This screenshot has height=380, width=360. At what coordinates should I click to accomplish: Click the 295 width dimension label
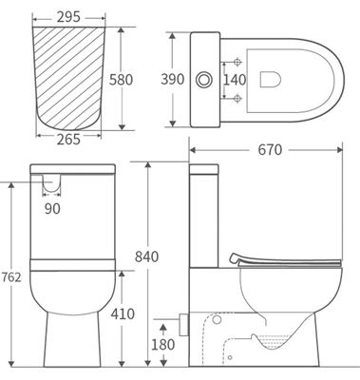[69, 17]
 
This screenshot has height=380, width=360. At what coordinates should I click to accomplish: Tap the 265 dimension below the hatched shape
[68, 140]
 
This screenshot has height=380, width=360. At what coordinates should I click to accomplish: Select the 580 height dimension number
[121, 80]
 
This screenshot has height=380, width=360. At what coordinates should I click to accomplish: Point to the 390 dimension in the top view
[173, 79]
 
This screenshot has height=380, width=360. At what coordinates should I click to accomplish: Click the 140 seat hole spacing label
[235, 80]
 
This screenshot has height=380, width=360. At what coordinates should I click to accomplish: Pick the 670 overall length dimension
[270, 150]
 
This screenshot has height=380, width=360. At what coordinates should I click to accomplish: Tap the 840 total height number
[146, 256]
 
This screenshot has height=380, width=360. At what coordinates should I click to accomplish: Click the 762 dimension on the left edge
[11, 277]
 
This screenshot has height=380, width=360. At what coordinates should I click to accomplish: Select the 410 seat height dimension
[123, 313]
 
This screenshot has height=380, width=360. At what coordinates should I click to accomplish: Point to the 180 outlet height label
[163, 344]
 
